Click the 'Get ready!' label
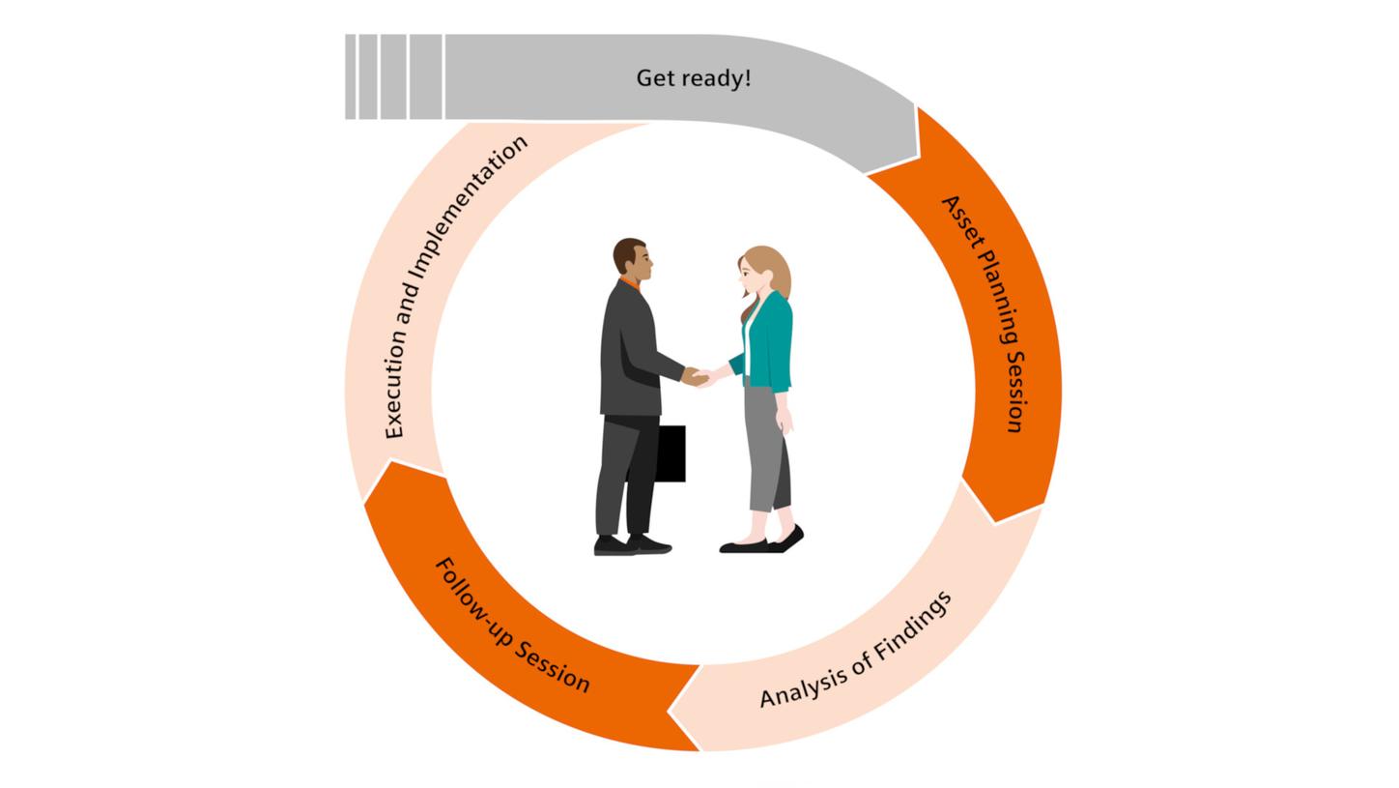point(693,78)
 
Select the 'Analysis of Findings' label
point(856,650)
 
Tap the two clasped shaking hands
point(698,377)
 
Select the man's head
point(631,258)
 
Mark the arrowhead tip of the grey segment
point(917,155)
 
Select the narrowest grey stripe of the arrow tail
point(351,77)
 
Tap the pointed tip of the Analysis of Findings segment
point(670,711)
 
